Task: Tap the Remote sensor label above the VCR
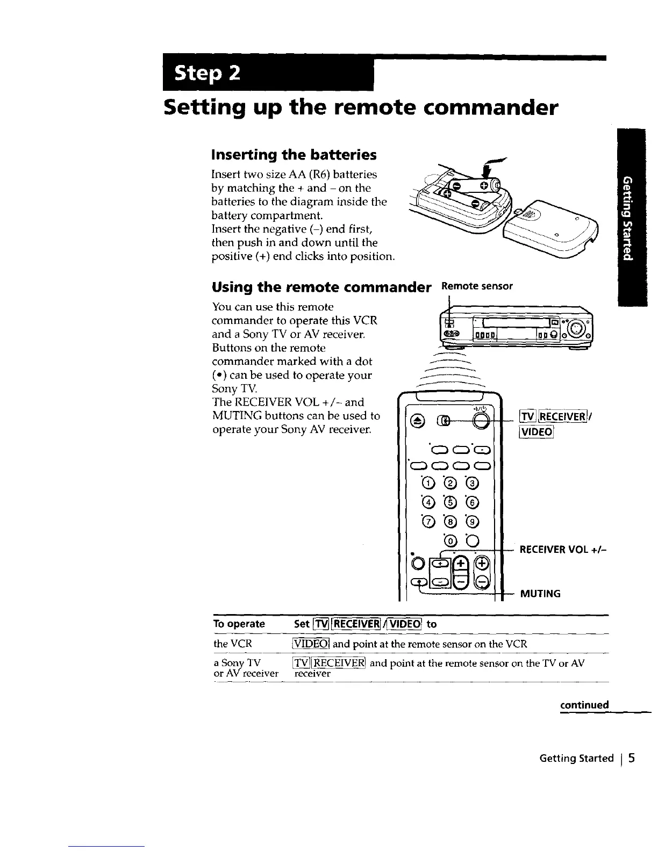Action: [477, 286]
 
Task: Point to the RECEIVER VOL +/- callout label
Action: [562, 551]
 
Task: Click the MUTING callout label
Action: [540, 594]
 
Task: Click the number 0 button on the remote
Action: [450, 540]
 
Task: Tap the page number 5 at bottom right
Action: [632, 758]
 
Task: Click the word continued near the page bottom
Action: [584, 705]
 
